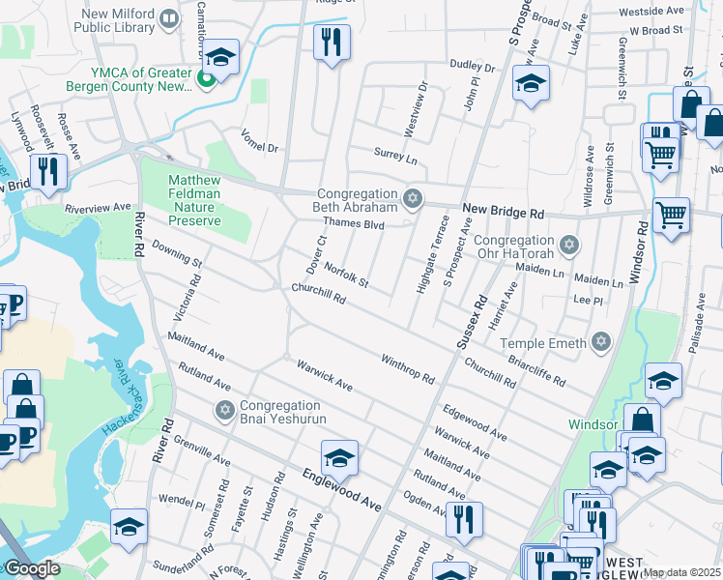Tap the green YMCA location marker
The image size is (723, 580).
205,78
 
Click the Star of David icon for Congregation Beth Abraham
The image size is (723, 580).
413,199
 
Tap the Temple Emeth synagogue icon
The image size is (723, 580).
602,342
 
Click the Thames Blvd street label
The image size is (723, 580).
354,223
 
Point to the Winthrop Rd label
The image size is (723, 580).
407,367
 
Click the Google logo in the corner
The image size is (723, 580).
32,569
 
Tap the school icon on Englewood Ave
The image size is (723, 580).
339,457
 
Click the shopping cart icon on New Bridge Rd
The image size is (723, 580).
670,215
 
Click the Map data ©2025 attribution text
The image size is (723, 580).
681,572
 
